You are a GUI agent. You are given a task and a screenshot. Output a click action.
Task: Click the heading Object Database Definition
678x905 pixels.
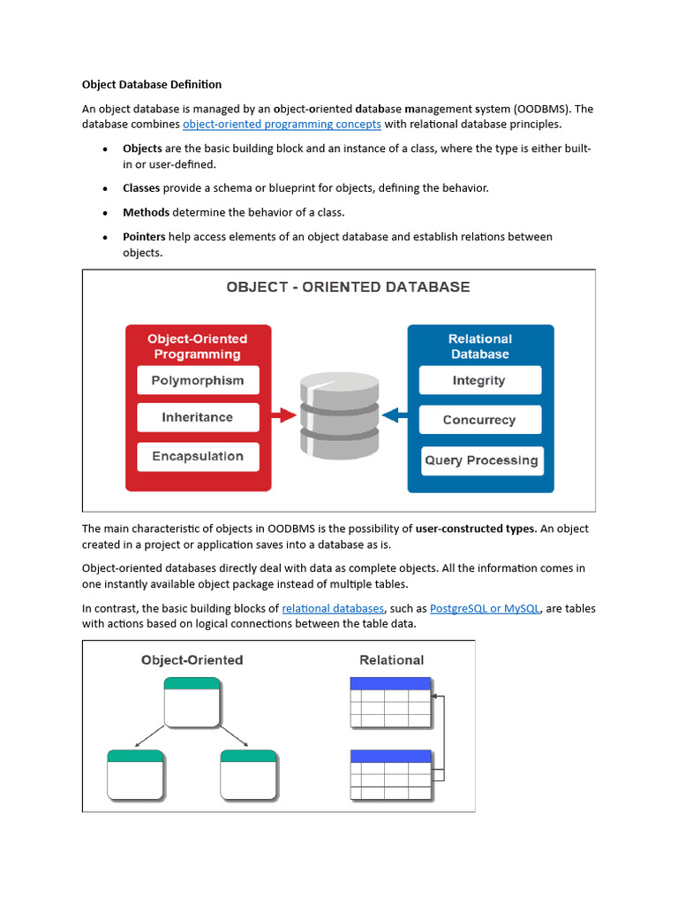(152, 85)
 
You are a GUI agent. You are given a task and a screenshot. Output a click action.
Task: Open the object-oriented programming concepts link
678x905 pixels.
(282, 125)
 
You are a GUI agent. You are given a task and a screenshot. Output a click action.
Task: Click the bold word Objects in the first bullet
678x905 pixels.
(142, 148)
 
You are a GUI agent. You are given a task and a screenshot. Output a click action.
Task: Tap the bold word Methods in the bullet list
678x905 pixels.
(146, 212)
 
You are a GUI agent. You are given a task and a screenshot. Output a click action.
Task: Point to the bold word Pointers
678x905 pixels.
(144, 237)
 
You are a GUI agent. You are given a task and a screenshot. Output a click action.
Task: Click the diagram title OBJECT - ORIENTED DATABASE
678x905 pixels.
(348, 287)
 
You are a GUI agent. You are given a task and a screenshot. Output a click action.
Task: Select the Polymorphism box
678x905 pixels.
(198, 381)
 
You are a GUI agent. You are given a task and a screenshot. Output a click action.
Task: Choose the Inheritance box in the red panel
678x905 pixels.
(198, 417)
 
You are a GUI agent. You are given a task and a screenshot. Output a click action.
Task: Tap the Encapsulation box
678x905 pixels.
(198, 457)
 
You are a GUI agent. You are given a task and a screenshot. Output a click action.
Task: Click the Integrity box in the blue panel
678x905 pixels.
(479, 381)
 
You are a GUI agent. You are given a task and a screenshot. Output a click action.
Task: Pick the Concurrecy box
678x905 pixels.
(479, 421)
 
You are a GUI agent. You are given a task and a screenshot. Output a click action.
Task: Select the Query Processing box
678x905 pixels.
(481, 460)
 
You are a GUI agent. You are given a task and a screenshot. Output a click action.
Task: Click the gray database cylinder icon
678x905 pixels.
(339, 414)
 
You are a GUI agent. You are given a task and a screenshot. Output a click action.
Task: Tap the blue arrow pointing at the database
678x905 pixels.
(395, 414)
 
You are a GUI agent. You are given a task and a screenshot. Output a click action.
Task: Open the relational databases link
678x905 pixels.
(333, 609)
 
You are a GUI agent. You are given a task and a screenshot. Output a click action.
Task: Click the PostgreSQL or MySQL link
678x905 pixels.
(485, 609)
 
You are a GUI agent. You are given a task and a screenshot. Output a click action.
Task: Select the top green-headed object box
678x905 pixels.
(192, 702)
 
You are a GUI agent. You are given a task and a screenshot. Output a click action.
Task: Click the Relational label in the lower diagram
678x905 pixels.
(391, 660)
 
